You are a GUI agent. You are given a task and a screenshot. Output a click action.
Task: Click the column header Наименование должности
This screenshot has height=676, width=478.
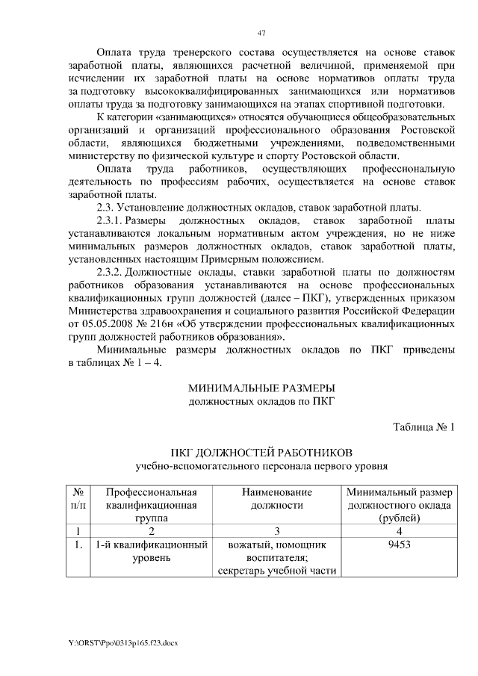click(x=276, y=499)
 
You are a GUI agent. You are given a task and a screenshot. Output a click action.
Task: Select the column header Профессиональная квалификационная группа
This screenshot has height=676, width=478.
click(x=151, y=505)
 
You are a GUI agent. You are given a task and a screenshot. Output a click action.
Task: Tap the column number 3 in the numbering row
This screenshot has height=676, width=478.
click(x=276, y=530)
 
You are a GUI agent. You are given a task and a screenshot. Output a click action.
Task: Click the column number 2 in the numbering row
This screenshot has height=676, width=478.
click(x=151, y=530)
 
